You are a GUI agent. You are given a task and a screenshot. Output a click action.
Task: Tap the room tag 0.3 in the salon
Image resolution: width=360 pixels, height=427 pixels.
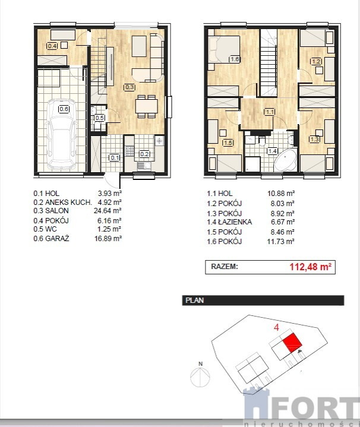click(x=130, y=87)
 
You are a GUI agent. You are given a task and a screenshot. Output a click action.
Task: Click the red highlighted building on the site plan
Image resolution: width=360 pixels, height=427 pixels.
click(x=292, y=343)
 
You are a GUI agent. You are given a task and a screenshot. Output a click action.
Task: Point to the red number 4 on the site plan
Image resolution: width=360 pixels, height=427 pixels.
click(x=276, y=327)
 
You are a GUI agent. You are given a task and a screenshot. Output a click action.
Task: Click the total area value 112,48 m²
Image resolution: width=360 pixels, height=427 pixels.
click(x=311, y=267)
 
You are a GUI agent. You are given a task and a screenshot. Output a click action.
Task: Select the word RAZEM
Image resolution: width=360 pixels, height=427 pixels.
click(x=225, y=266)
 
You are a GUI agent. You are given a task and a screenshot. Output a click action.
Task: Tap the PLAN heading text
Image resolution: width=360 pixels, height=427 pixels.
click(x=194, y=301)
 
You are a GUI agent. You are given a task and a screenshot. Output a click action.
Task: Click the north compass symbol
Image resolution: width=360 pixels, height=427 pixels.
click(x=200, y=375)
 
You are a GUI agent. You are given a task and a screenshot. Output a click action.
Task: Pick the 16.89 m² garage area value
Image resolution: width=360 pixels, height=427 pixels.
click(x=108, y=239)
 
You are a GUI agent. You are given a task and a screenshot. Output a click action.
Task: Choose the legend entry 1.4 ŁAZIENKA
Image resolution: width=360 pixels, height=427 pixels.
click(x=229, y=222)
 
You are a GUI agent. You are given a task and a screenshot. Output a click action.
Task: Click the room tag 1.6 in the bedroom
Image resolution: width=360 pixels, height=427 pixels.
click(x=234, y=59)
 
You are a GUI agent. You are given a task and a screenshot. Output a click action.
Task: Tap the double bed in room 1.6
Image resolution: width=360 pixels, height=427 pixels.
click(x=224, y=50)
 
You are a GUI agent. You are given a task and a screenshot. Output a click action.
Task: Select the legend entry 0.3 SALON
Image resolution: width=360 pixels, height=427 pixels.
click(x=51, y=210)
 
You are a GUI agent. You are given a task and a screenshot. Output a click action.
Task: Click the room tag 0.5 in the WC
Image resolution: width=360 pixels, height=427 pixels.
click(x=99, y=118)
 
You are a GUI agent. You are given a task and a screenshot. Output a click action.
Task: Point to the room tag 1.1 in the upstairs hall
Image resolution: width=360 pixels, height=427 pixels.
click(x=270, y=112)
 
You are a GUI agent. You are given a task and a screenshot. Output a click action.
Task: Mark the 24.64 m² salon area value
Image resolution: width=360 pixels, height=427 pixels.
click(x=108, y=210)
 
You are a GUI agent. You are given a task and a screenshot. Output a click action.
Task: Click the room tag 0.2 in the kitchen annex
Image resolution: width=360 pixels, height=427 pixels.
click(x=144, y=154)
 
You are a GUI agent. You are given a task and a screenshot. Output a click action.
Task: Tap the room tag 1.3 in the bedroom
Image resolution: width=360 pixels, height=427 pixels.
click(x=314, y=139)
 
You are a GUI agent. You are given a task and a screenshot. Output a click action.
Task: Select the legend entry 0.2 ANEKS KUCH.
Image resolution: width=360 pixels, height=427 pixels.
click(x=62, y=203)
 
